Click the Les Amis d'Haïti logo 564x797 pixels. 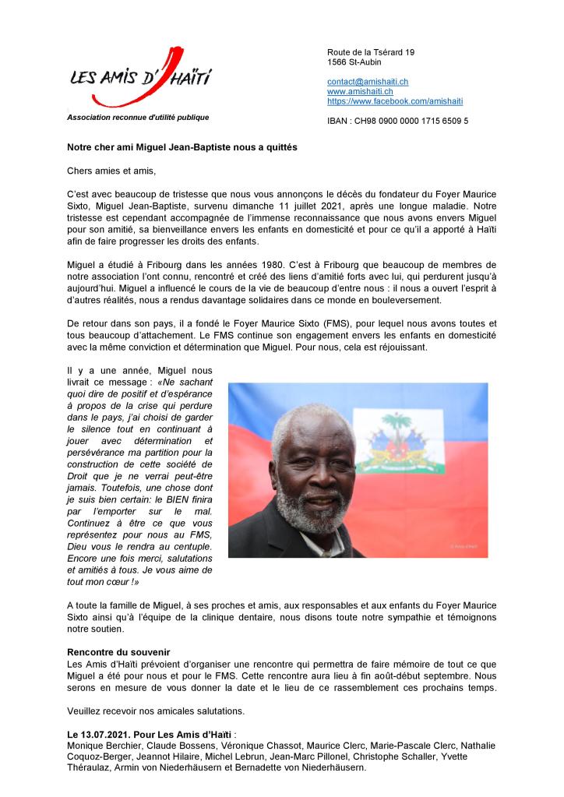point(140,79)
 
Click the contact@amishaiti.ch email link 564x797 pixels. point(368,82)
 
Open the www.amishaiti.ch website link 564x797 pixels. point(360,91)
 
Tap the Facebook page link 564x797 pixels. point(395,101)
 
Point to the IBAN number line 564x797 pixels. point(397,121)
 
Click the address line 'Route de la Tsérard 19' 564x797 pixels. point(371,52)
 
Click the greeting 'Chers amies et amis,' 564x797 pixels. point(111,169)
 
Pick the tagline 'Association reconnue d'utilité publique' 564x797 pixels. point(138,118)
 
